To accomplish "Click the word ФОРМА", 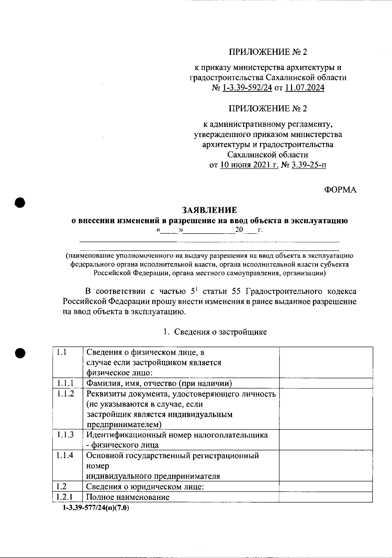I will [x=340, y=190].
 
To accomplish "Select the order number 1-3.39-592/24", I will [x=247, y=88].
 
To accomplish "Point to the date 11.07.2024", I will [x=304, y=88].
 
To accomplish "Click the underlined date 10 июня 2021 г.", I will [x=249, y=165].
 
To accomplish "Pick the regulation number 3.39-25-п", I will [x=308, y=165].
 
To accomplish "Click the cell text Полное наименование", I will [x=128, y=497].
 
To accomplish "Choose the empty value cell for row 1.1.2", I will [x=326, y=409].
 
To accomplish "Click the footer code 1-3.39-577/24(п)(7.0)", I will [x=96, y=508].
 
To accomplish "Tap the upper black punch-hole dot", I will [x=20, y=202].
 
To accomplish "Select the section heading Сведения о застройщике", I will [x=220, y=332].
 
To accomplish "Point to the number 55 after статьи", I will [x=236, y=291].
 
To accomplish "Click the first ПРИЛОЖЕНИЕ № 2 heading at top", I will [x=268, y=52].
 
